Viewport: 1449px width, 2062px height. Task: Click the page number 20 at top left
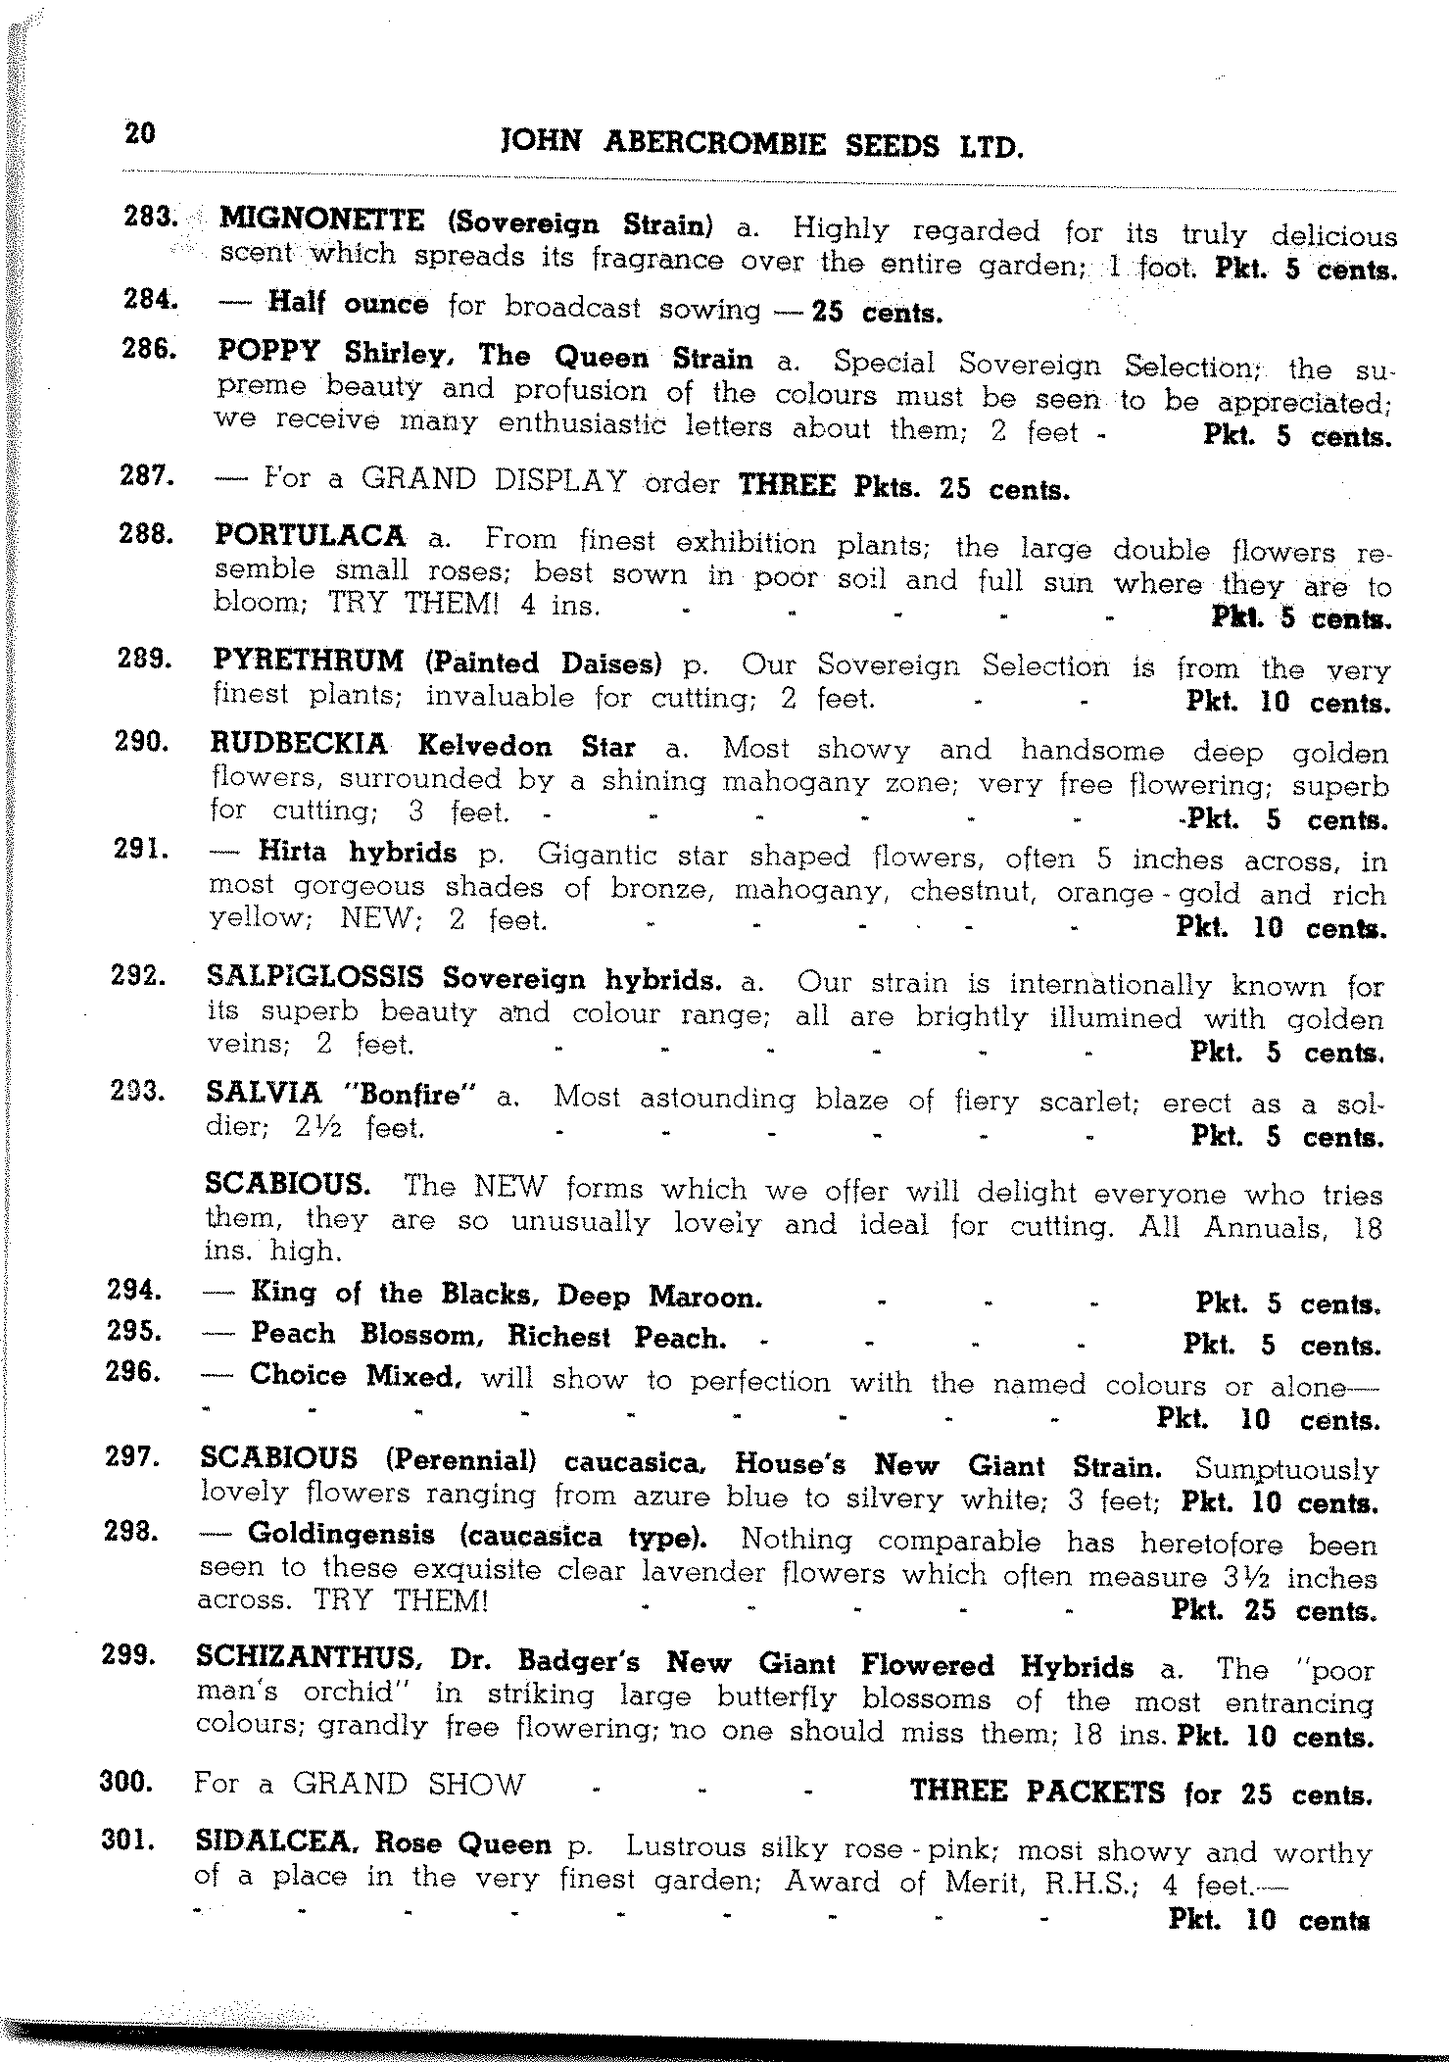coord(140,132)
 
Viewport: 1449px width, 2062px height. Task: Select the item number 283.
coord(150,218)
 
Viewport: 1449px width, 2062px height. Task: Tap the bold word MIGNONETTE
coord(322,218)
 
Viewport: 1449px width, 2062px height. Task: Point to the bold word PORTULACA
coord(310,536)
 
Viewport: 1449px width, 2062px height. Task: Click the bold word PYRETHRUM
coord(308,662)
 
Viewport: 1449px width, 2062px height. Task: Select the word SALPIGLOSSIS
coord(315,977)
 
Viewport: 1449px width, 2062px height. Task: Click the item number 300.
coord(126,1781)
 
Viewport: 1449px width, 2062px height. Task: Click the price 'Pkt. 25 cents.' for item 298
coord(1274,1611)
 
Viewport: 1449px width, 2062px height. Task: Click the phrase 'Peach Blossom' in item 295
coord(375,1335)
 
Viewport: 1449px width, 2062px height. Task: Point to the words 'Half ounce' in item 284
coord(348,304)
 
